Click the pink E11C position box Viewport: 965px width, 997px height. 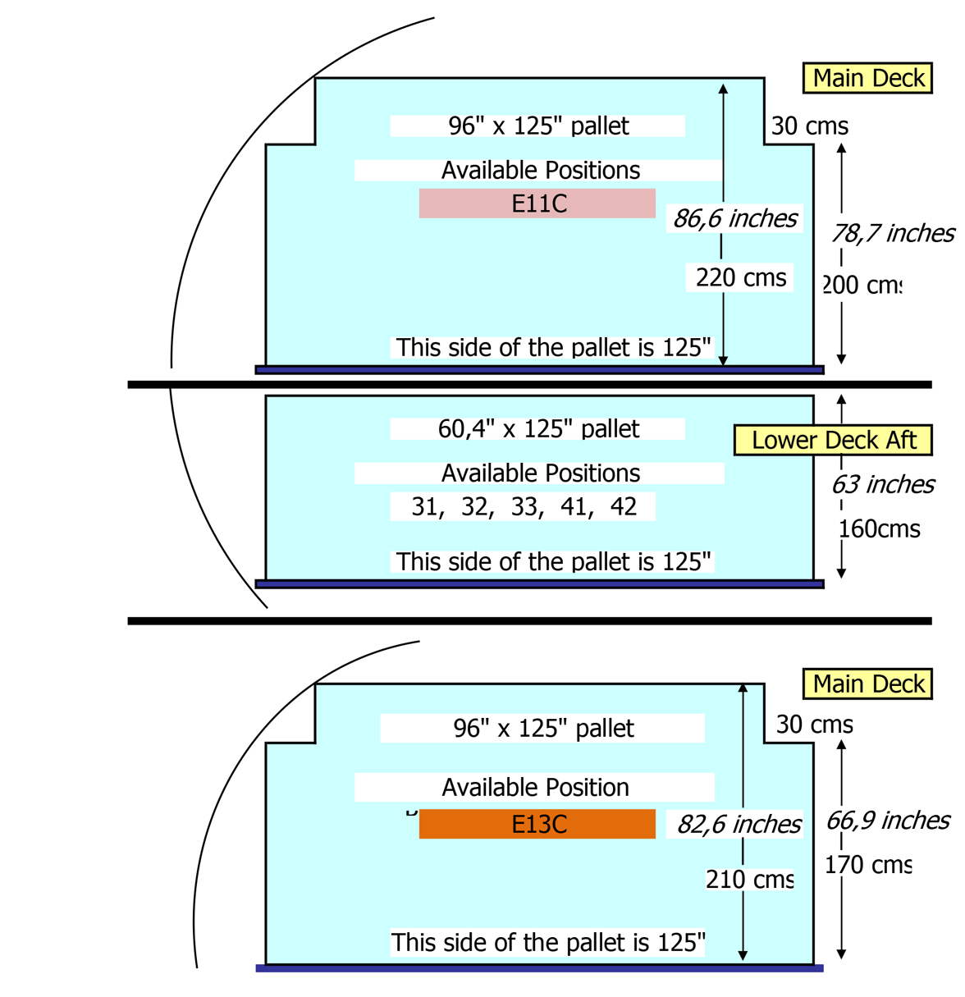(x=537, y=204)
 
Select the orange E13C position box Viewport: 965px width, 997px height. (x=537, y=824)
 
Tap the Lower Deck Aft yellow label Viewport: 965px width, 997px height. (x=833, y=441)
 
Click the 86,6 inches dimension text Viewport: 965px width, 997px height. (x=735, y=218)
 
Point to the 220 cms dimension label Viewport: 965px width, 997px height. (x=741, y=278)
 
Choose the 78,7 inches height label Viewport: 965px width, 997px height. (x=892, y=234)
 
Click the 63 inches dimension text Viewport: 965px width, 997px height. (x=883, y=485)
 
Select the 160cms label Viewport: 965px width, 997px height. (x=880, y=529)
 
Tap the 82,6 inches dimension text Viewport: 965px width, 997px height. (x=739, y=824)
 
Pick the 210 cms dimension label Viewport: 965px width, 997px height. (x=749, y=880)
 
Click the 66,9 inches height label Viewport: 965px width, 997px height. (x=887, y=821)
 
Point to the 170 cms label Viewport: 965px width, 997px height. (x=868, y=865)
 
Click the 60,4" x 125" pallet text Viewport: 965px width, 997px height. (x=538, y=429)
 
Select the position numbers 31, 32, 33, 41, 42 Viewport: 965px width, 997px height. (x=524, y=507)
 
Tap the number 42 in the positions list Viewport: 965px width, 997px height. (x=624, y=507)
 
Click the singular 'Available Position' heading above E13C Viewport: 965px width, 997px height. (x=535, y=788)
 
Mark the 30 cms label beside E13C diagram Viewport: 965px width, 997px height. (x=814, y=725)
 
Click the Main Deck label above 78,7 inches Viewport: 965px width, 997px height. (x=868, y=79)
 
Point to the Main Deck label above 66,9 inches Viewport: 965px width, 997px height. (x=868, y=684)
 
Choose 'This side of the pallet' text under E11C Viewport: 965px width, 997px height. (x=553, y=348)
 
